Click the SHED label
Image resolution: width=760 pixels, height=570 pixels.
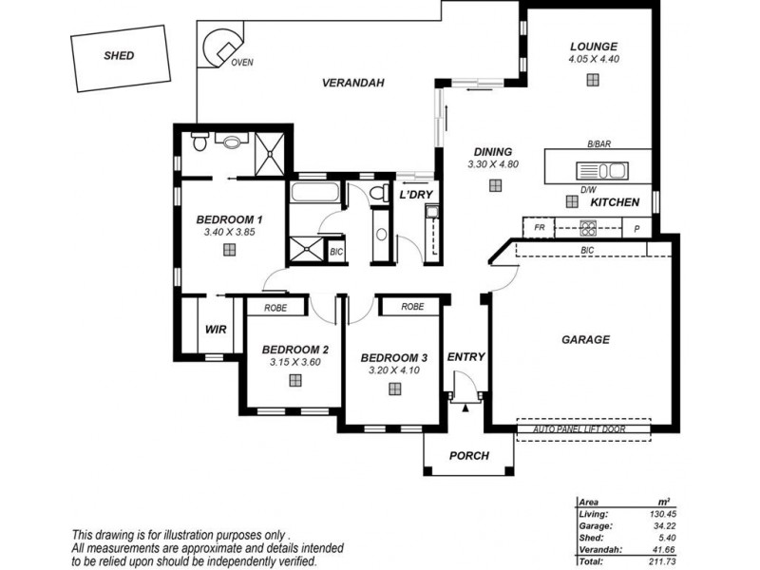(x=119, y=55)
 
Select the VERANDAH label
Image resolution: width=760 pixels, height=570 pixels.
(x=352, y=83)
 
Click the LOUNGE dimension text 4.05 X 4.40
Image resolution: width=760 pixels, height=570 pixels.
(x=594, y=59)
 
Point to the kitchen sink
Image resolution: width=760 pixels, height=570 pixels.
(x=602, y=171)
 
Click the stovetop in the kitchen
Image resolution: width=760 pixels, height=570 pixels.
(x=588, y=228)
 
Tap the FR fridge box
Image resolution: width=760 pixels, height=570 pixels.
(x=539, y=227)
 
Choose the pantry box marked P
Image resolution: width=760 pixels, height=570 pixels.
(x=636, y=228)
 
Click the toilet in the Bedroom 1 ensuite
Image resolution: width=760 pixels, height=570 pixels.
(x=199, y=141)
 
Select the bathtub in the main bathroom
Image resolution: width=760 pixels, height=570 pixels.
(x=315, y=192)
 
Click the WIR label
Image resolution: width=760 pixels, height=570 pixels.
(x=216, y=330)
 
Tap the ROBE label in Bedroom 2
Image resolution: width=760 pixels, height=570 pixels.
(x=275, y=308)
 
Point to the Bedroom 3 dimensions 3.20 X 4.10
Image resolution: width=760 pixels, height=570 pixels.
(x=393, y=370)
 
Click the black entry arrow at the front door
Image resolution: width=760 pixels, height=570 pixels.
(x=465, y=408)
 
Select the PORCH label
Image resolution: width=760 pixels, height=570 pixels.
(x=468, y=456)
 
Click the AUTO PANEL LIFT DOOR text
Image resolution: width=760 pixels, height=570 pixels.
(x=579, y=429)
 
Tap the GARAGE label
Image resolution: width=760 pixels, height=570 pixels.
(x=585, y=340)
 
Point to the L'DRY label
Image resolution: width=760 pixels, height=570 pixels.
(x=416, y=196)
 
